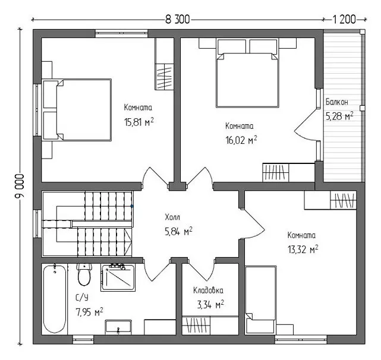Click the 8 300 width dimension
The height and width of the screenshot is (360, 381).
[x=177, y=20]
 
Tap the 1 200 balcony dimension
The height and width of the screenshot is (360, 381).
[x=344, y=20]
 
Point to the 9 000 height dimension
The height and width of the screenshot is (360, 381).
[x=20, y=186]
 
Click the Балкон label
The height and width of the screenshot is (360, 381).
[x=337, y=102]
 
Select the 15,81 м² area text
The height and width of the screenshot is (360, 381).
[x=139, y=122]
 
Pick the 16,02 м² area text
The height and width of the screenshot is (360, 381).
[x=241, y=140]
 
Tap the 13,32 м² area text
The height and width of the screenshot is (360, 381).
[x=303, y=250]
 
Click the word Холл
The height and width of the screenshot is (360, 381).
[x=172, y=217]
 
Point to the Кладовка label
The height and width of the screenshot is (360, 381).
[x=208, y=290]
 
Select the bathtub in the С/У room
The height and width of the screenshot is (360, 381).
[x=55, y=299]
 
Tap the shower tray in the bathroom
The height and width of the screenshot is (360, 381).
[x=118, y=277]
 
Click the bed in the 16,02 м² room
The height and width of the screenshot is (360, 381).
[x=247, y=73]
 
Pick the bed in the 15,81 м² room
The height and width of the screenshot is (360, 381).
[x=77, y=110]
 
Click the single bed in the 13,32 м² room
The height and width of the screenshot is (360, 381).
[x=260, y=300]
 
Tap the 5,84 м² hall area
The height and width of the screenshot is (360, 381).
[x=178, y=231]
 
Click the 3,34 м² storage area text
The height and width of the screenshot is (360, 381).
[x=210, y=305]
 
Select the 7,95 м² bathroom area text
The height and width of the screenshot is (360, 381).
[x=89, y=312]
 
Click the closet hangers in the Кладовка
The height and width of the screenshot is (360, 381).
[x=196, y=326]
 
